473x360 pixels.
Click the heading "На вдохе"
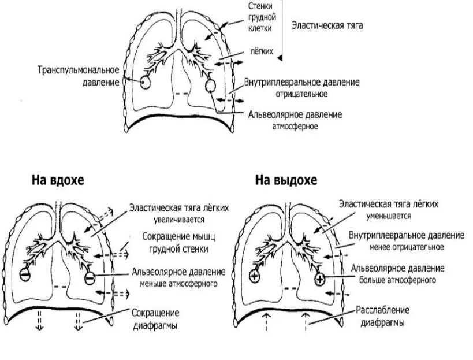coord(58,180)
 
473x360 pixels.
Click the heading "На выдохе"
coord(287,180)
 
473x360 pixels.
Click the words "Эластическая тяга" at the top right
coord(327,26)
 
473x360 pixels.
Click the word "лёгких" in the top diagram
coord(262,51)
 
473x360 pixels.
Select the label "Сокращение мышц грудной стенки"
coord(175,243)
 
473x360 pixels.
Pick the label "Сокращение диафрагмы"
coord(156,318)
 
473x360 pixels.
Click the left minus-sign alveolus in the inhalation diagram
coord(26,274)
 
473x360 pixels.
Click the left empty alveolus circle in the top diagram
coord(145,83)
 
